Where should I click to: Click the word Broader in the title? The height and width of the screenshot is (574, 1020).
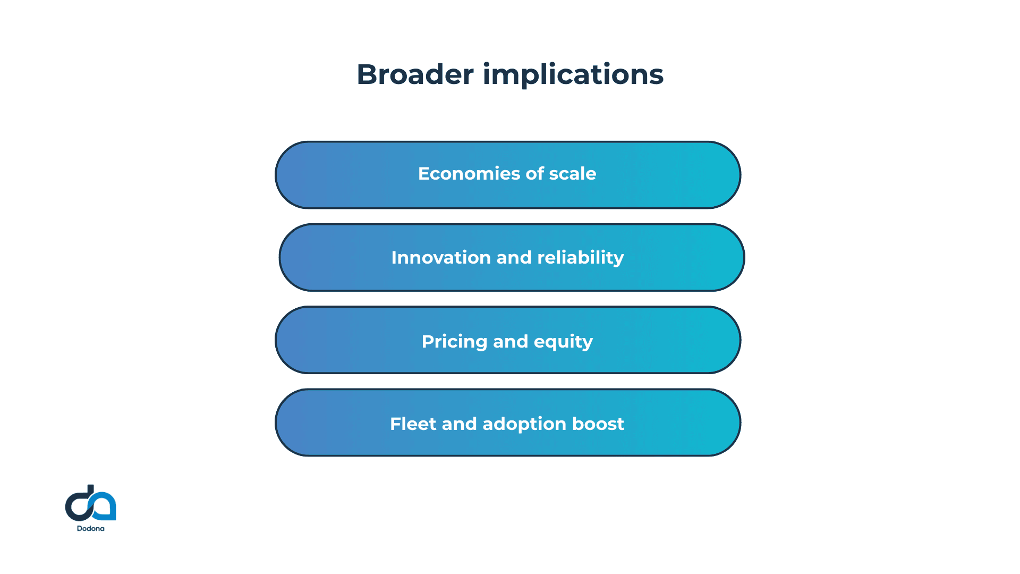pyautogui.click(x=415, y=74)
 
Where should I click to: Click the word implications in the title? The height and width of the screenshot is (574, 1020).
pyautogui.click(x=573, y=74)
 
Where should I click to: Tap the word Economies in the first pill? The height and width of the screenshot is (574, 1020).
pyautogui.click(x=469, y=174)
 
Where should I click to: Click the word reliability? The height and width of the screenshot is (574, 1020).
pyautogui.click(x=580, y=258)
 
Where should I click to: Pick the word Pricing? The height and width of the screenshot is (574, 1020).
pyautogui.click(x=454, y=341)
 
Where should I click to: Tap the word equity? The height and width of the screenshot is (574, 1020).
pyautogui.click(x=563, y=341)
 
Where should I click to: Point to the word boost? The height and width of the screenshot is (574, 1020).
pyautogui.click(x=598, y=424)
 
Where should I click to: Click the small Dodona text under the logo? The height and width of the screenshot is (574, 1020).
pyautogui.click(x=90, y=528)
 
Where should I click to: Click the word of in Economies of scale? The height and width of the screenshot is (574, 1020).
pyautogui.click(x=534, y=174)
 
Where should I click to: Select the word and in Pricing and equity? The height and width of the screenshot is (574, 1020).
pyautogui.click(x=510, y=341)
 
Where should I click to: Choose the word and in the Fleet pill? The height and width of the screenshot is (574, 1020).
pyautogui.click(x=459, y=424)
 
